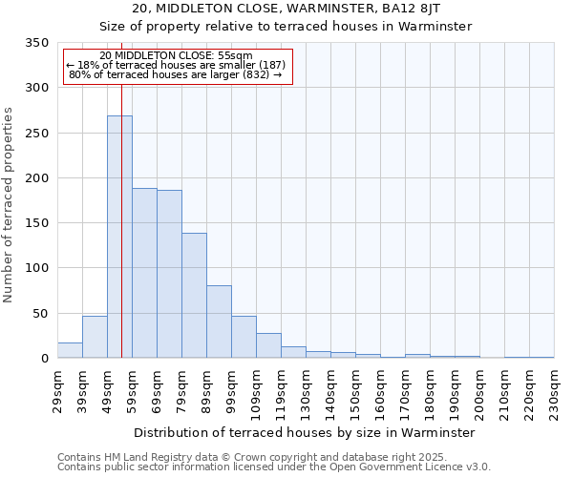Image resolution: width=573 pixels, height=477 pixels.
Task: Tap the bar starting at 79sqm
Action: [194, 296]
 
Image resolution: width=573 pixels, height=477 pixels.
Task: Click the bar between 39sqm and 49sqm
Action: [95, 337]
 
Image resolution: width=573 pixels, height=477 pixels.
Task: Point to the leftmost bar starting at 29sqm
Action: [70, 350]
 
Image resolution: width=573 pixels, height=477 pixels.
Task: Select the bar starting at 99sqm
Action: [244, 337]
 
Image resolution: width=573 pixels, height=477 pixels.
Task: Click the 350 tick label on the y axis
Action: [37, 43]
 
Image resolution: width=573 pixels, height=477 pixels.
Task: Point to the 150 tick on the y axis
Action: [37, 223]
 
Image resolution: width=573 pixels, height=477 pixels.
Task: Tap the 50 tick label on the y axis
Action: [41, 314]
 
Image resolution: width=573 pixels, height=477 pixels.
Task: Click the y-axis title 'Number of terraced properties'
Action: [9, 205]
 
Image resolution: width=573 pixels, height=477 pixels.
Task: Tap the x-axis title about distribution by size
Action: [305, 432]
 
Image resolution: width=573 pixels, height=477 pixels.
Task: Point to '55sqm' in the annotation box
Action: [234, 56]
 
